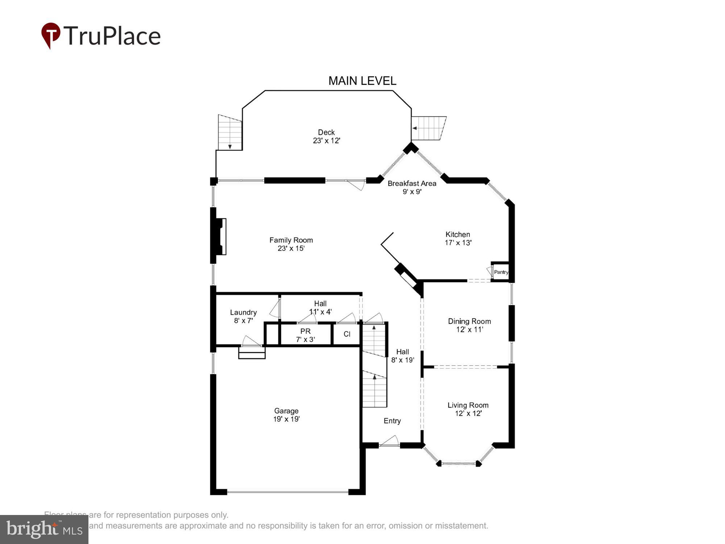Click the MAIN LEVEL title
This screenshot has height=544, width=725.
click(x=362, y=81)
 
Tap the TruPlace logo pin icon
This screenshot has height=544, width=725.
click(x=51, y=34)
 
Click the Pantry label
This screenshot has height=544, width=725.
click(x=501, y=272)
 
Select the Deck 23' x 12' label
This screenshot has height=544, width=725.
click(x=326, y=136)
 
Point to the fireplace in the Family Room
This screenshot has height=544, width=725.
click(x=220, y=236)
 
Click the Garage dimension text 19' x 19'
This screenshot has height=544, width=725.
click(x=286, y=419)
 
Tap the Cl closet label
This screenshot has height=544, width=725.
click(x=347, y=334)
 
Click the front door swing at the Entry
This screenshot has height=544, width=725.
click(x=389, y=442)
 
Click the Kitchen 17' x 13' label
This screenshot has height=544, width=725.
click(x=458, y=238)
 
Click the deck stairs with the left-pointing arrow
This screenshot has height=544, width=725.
click(x=428, y=128)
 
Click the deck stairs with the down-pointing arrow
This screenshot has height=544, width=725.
click(x=230, y=133)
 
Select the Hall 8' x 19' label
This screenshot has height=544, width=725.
click(x=402, y=356)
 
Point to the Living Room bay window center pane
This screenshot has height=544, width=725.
click(x=459, y=463)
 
